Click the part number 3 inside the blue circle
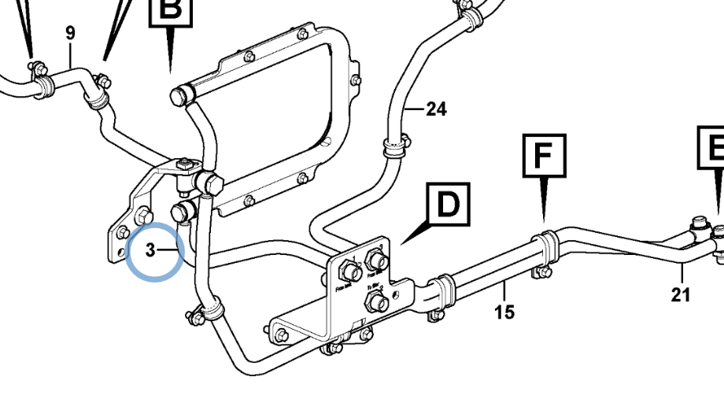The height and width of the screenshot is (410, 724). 150,251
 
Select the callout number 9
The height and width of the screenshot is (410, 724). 71,33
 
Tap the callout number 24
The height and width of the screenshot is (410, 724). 436,109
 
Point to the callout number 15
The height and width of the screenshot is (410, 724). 504,312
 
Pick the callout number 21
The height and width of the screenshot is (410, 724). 682,295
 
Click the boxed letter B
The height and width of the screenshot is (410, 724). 171,10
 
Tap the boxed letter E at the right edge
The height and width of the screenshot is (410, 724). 713,148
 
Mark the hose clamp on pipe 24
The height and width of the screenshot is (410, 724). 394,144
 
